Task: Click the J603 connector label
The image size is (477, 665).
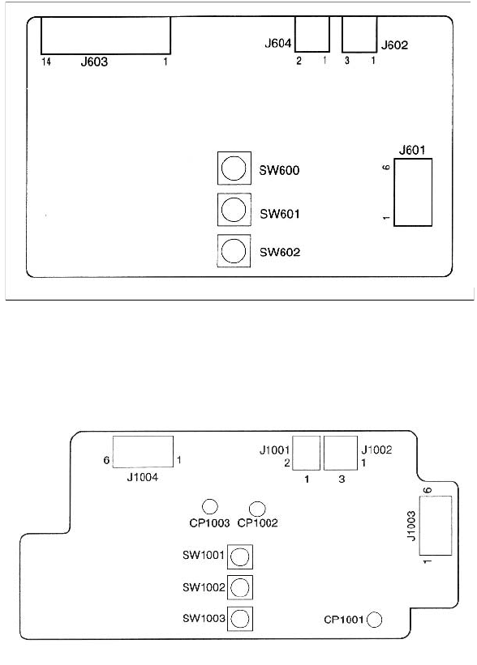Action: click(x=94, y=62)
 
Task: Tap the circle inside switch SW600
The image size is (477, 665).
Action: click(x=234, y=168)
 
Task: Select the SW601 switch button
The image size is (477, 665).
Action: click(x=234, y=210)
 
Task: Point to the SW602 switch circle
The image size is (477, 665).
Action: click(x=234, y=250)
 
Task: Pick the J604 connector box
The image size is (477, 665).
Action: click(x=312, y=34)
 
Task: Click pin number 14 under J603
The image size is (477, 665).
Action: click(x=46, y=62)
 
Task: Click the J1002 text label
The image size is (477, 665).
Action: click(x=376, y=450)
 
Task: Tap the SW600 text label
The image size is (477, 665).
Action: click(x=280, y=170)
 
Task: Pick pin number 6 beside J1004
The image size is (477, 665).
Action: click(x=106, y=460)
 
